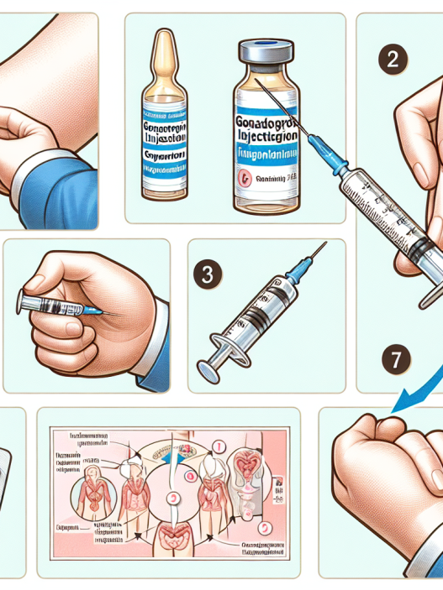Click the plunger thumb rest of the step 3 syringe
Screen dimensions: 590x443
(x=214, y=363)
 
